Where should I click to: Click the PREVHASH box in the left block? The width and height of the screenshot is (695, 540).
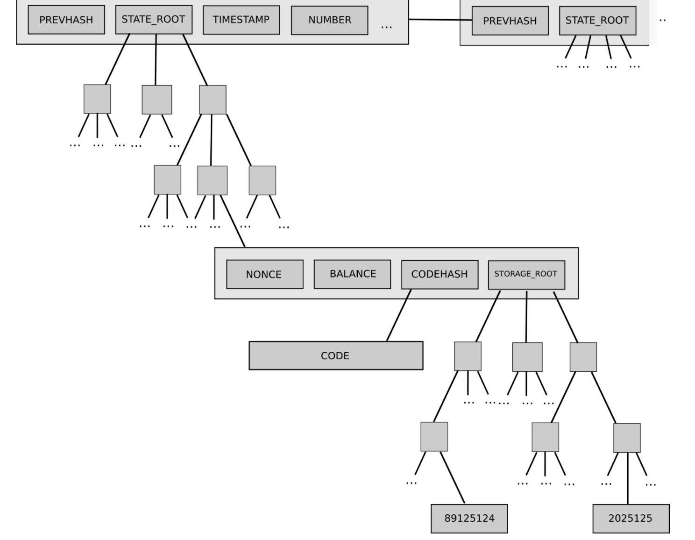[x=66, y=20]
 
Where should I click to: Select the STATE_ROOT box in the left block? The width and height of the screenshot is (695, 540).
[x=154, y=20]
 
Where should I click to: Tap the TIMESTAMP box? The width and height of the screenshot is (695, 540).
[x=241, y=20]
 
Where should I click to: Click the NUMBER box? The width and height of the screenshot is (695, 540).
[x=329, y=21]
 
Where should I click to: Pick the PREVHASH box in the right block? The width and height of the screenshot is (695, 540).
[x=510, y=21]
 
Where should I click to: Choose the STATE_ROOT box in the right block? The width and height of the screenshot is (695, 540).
[x=597, y=21]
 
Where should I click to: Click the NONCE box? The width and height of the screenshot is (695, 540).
[x=264, y=274]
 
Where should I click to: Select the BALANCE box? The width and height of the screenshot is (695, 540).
[x=352, y=274]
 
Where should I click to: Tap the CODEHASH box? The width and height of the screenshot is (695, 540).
[x=440, y=275]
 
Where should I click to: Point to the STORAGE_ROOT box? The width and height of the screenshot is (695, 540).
[x=526, y=275]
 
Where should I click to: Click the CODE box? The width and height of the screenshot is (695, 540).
[x=335, y=356]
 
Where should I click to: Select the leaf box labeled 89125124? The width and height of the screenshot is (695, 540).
[x=469, y=519]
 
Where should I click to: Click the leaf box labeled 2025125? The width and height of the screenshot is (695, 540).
[x=631, y=519]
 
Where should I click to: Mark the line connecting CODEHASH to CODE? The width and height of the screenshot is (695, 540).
[x=399, y=315]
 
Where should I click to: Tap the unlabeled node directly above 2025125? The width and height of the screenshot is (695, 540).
[x=627, y=438]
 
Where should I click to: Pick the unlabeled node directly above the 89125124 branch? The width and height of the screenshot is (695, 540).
[x=434, y=437]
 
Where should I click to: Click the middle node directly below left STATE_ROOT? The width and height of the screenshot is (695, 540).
[x=156, y=99]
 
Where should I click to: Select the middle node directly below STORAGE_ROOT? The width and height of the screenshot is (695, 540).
[x=527, y=357]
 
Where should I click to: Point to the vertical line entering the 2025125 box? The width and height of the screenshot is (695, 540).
[x=627, y=479]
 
